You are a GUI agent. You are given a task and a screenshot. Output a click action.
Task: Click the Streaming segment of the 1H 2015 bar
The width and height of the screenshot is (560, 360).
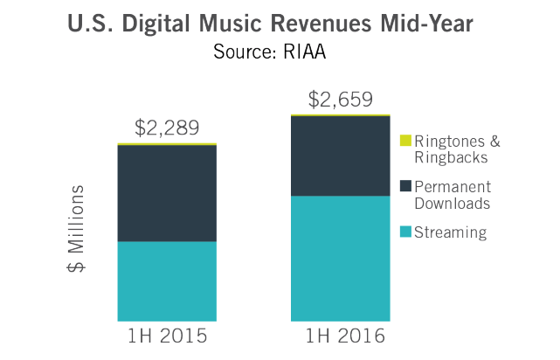167,280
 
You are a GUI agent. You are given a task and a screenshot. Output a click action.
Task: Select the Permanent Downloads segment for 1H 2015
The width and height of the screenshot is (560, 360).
167,193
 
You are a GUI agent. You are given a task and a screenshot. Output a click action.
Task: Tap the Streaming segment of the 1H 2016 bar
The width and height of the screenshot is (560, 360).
340,258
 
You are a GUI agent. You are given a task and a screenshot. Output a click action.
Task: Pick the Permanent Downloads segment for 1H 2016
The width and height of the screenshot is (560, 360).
340,156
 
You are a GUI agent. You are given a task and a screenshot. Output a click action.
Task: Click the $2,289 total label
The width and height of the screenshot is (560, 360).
167,127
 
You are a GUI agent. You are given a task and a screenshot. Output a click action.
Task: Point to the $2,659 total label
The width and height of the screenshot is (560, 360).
340,98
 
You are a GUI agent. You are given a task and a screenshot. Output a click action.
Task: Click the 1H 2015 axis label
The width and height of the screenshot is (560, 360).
167,336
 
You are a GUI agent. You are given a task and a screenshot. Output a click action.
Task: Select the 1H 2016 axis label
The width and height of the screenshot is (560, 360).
340,336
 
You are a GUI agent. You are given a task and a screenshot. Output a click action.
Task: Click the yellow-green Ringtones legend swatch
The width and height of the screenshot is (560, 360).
404,141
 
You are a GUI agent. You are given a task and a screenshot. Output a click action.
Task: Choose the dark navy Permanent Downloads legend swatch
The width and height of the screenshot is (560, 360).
404,186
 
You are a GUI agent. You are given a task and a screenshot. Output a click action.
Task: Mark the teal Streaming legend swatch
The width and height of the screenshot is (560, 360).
404,232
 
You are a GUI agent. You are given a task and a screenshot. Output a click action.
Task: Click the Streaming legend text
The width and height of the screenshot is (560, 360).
450,232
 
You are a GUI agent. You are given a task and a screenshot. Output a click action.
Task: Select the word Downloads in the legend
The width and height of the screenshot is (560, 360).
453,203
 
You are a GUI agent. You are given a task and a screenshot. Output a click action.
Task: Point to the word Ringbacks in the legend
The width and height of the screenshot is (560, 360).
451,157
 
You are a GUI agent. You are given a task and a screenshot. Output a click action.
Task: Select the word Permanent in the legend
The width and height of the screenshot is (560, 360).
453,186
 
